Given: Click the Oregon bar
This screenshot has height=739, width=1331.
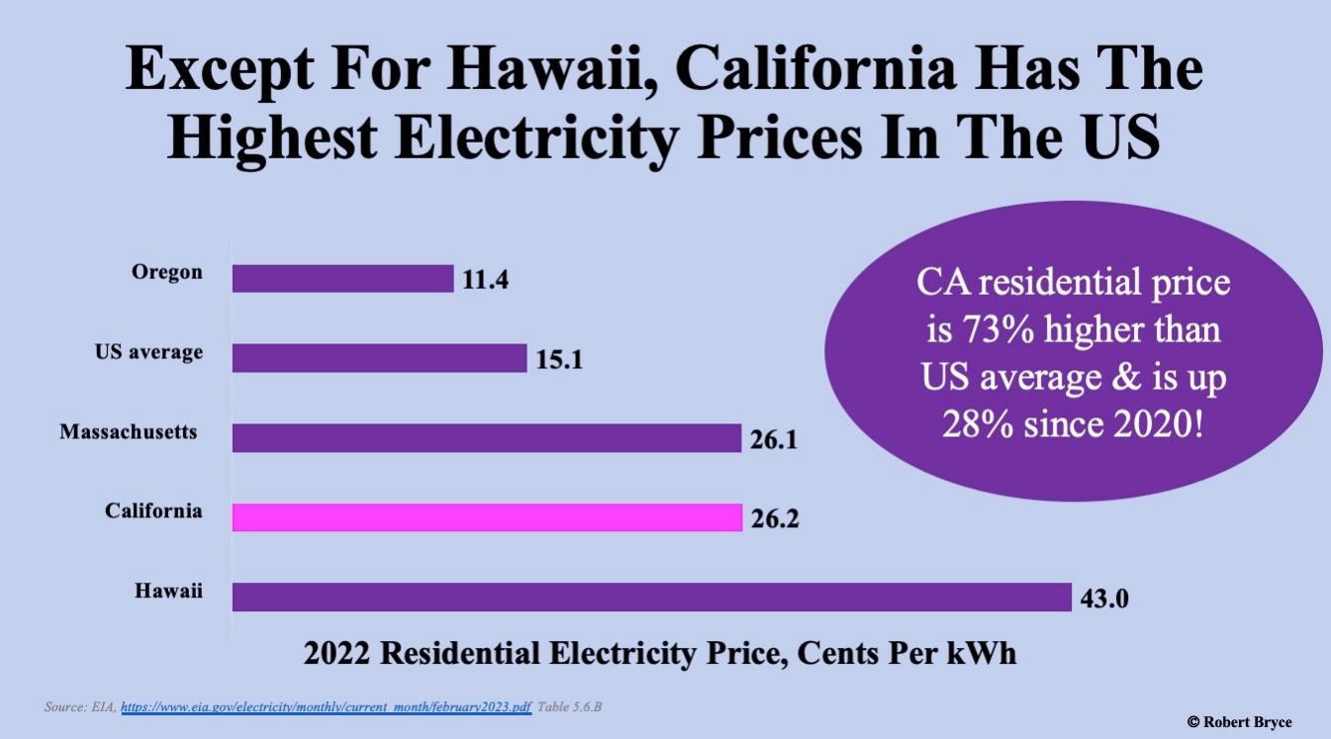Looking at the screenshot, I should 342,279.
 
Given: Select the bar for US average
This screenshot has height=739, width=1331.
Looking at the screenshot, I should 379,358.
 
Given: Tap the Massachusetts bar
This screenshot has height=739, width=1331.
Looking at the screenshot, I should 486,438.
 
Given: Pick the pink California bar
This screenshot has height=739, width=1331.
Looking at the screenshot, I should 486,517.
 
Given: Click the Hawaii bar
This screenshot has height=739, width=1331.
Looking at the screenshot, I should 651,598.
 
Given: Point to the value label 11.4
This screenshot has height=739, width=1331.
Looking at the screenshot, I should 485,280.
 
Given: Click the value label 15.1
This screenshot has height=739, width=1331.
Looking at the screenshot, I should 559,359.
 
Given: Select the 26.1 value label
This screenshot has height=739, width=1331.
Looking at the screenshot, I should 773,439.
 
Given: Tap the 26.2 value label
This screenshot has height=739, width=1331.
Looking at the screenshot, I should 773,518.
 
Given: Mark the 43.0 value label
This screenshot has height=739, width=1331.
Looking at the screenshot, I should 1104,599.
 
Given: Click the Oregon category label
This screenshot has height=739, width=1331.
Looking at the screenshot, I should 166,272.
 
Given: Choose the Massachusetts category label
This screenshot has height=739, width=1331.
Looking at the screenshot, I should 129,432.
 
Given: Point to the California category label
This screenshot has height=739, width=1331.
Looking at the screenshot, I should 153,511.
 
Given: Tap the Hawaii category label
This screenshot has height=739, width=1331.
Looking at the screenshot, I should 168,591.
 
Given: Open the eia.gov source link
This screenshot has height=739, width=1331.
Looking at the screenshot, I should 327,708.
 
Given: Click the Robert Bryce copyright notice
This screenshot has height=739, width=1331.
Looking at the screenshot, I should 1239,722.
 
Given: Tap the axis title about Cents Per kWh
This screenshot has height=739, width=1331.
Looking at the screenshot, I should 659,654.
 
